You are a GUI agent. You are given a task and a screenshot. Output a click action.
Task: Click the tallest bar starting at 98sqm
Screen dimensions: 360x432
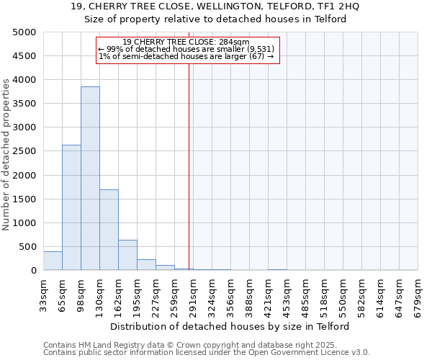90,179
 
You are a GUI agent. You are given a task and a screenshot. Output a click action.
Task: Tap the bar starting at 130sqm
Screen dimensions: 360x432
109,230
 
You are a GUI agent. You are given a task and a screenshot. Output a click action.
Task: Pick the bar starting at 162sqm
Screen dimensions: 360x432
127,255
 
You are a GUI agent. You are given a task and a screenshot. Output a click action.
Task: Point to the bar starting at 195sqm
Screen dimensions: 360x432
146,264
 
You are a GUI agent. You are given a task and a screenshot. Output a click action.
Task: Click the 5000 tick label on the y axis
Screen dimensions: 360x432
24,32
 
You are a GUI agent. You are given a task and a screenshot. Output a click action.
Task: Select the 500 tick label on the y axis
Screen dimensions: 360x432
27,247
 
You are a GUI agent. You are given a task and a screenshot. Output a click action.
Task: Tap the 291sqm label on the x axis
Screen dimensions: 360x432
194,293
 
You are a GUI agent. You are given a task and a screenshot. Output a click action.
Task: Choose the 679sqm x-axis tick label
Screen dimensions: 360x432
418,293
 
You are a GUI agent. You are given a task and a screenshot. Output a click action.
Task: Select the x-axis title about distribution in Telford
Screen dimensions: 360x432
230,326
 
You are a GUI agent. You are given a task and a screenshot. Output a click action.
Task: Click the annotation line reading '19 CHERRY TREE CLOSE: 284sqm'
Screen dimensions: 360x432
186,42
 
